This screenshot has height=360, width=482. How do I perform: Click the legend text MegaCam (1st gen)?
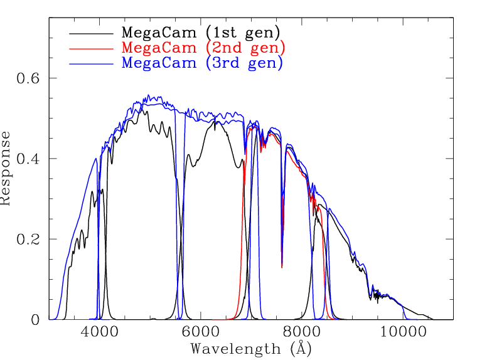(201, 31)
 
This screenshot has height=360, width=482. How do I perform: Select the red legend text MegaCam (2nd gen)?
(203, 47)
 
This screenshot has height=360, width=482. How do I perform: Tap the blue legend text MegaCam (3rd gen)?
(202, 63)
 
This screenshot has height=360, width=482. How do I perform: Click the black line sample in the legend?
(92, 31)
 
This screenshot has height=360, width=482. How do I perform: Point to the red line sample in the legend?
(92, 48)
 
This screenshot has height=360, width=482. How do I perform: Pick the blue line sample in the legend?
(92, 64)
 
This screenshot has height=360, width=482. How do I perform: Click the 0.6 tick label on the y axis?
(27, 78)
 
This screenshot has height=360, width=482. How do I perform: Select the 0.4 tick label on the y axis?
(27, 159)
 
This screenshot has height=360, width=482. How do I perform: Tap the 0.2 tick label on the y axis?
(27, 240)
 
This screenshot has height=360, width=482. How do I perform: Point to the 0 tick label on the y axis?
(35, 320)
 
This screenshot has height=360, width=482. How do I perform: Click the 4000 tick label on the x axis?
(98, 332)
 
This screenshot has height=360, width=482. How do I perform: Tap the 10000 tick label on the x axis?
(402, 332)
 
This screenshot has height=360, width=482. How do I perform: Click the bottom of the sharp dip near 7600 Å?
(282, 267)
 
